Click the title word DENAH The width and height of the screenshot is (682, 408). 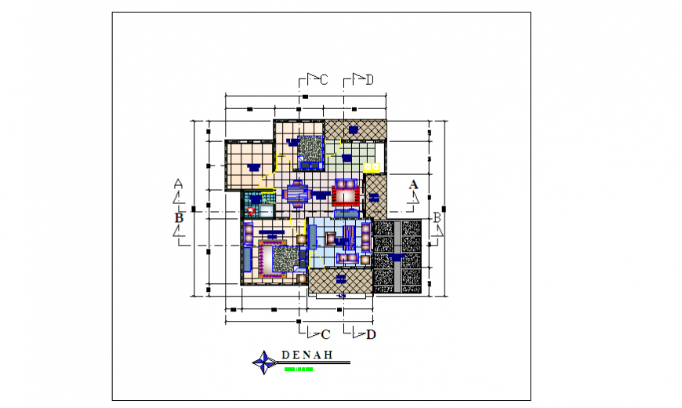coord(306,355)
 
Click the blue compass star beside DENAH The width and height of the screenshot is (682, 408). coord(262,362)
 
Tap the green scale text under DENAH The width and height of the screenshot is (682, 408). coord(299,369)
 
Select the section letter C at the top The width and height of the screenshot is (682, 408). coord(324,78)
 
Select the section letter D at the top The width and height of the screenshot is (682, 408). coord(368,78)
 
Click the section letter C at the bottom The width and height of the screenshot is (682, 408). coord(325,334)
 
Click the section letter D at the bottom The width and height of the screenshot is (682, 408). coord(371,334)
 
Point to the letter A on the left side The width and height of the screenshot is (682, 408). coord(178,184)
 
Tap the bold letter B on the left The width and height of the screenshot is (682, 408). coord(179,217)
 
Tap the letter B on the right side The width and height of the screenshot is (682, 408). coord(437,217)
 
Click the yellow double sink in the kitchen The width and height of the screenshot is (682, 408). coord(372,167)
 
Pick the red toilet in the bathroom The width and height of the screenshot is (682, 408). coord(251,210)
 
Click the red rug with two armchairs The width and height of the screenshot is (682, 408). coord(346,193)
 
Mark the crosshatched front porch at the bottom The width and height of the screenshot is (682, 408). coord(341,280)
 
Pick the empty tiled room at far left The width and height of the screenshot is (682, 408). coord(248,165)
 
